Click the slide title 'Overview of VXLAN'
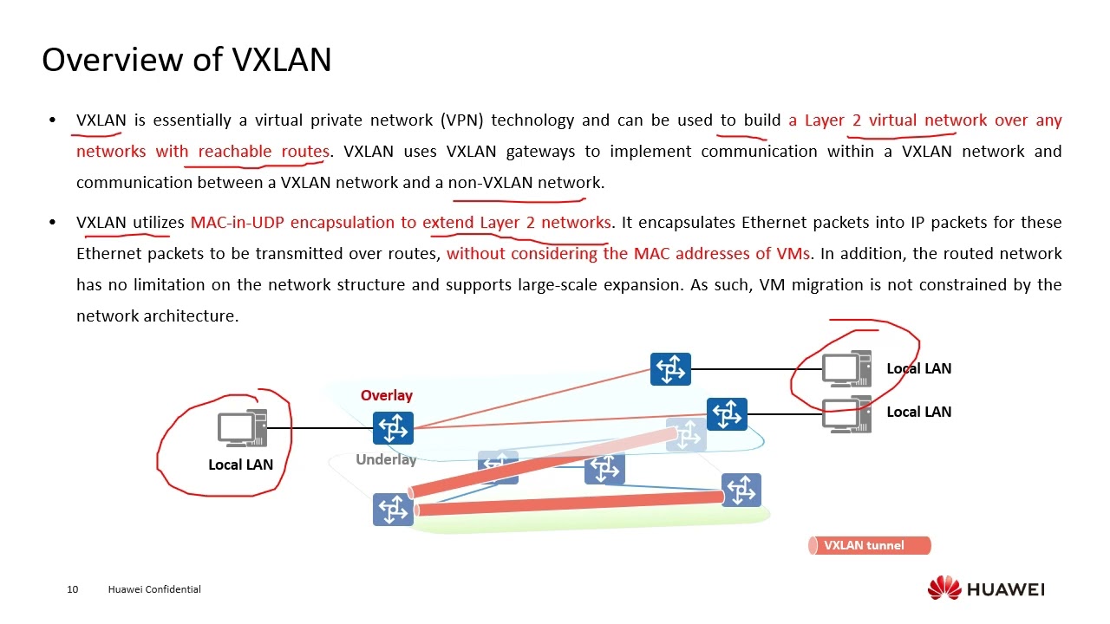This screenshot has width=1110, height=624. [x=186, y=60]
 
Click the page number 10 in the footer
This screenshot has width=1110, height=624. [x=72, y=589]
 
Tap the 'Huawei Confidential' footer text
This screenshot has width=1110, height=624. [x=154, y=589]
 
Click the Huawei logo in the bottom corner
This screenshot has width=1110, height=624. [x=986, y=588]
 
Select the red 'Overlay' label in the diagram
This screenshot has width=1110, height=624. [x=387, y=395]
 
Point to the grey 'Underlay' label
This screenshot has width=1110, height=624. [x=386, y=459]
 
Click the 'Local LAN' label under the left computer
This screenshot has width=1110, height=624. [x=240, y=465]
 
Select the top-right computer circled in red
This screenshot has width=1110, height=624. [x=846, y=369]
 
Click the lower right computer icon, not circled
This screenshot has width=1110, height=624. [x=846, y=414]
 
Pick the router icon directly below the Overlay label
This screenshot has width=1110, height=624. [x=393, y=428]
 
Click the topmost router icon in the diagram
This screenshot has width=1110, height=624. [x=670, y=369]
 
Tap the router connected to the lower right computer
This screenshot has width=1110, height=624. [x=727, y=414]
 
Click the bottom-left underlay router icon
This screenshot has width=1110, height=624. [x=393, y=510]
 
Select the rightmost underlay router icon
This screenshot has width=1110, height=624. [x=741, y=491]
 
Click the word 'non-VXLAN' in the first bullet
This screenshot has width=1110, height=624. [x=490, y=183]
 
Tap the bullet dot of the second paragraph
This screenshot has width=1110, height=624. [x=54, y=223]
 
